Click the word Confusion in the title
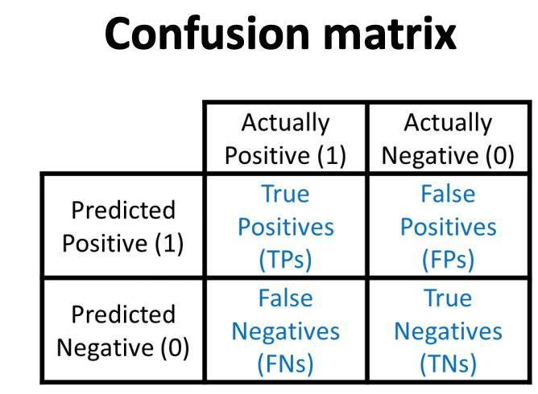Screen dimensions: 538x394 [x=207, y=34]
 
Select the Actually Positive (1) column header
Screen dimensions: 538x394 [x=285, y=139]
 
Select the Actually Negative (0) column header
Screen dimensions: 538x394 [x=448, y=139]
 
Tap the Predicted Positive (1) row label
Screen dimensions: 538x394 [x=123, y=227]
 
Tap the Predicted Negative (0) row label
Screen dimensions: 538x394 [x=123, y=331]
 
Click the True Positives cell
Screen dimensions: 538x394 [x=285, y=227]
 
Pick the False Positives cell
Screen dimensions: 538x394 [x=448, y=227]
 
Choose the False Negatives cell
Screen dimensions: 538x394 [x=285, y=331]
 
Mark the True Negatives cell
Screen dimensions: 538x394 [x=448, y=331]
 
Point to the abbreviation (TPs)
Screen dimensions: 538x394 [x=285, y=260]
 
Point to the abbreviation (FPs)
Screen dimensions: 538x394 [x=448, y=260]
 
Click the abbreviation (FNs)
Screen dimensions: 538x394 [x=285, y=364]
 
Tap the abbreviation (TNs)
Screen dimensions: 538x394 [x=448, y=364]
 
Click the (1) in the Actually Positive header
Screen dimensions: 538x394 [x=332, y=156]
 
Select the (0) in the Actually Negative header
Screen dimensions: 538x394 [x=500, y=156]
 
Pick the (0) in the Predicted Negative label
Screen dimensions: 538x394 [x=175, y=348]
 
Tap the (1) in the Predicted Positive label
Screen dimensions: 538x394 [x=169, y=244]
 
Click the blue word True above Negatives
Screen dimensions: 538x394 [x=448, y=298]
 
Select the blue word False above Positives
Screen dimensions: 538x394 [x=448, y=194]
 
